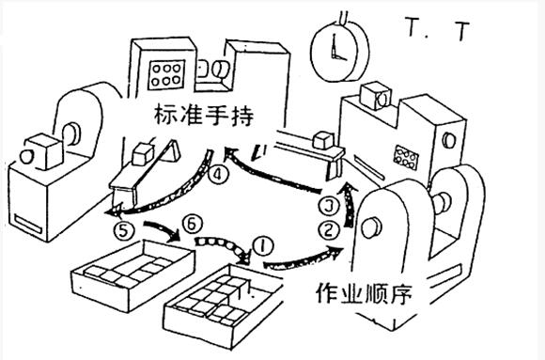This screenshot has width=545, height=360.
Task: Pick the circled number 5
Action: pos(119,227)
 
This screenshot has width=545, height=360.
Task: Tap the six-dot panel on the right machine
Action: pos(408,155)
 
